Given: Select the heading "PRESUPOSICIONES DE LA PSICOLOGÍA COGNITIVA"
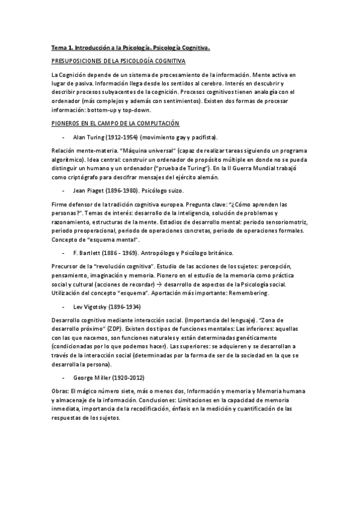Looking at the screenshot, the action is coord(118,61).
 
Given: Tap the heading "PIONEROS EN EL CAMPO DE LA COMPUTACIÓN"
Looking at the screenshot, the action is coord(115,123).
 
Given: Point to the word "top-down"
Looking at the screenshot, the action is coord(139,109).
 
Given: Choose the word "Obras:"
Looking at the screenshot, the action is coord(61,392).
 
